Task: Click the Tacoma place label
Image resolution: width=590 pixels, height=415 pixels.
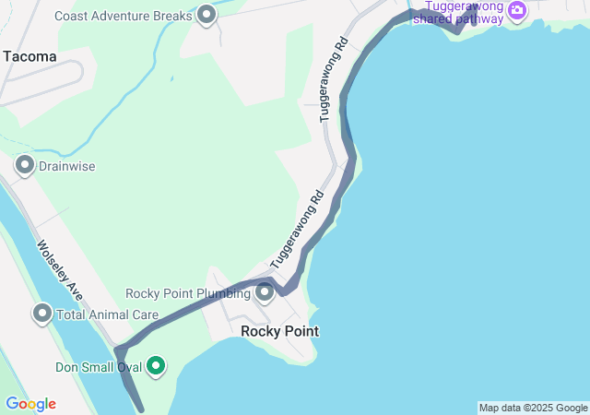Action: [29, 56]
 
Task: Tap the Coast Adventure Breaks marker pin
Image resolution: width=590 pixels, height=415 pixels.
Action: [206, 15]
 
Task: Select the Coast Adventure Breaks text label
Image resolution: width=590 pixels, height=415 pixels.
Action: [123, 16]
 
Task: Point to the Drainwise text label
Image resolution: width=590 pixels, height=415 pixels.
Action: [66, 167]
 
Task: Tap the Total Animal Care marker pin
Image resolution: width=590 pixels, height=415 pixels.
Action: [42, 314]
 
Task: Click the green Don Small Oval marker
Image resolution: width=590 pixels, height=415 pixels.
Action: [156, 366]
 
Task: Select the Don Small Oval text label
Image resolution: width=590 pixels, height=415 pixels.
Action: [98, 367]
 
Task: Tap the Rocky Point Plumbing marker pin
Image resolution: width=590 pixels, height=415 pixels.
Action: [265, 293]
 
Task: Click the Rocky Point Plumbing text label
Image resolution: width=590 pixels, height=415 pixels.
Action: [188, 294]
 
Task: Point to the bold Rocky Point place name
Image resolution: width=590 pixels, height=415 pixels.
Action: [279, 331]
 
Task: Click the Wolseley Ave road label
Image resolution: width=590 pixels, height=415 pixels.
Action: [61, 270]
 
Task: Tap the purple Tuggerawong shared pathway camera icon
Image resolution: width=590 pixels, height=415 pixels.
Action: [517, 10]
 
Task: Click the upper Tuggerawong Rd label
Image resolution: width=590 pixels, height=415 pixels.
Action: [333, 79]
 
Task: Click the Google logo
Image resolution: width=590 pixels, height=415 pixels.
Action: [30, 404]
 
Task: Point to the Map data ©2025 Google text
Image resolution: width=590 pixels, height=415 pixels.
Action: [533, 408]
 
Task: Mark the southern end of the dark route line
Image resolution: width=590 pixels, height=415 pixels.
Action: [141, 409]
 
